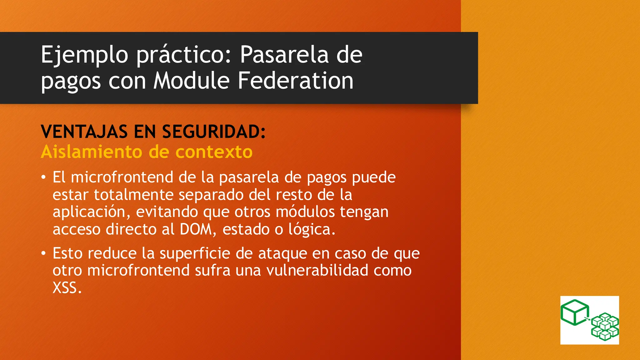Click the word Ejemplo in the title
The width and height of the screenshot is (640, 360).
tap(84, 55)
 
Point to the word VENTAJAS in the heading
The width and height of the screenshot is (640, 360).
tap(84, 132)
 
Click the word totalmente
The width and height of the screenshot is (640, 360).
tap(133, 195)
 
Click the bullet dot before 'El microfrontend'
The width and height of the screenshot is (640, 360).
tap(43, 177)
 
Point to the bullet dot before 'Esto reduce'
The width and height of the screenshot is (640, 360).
tap(43, 253)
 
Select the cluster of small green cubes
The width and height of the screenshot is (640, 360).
tap(605, 327)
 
